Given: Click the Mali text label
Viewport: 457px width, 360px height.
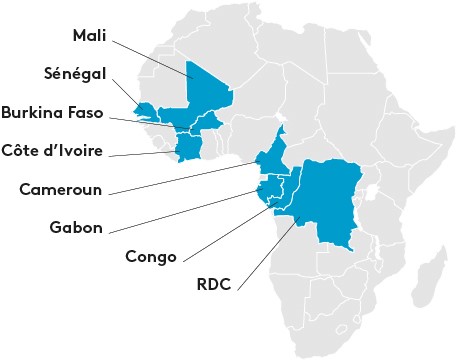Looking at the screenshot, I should (x=91, y=35).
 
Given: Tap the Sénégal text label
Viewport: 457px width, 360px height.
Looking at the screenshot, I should (x=74, y=74).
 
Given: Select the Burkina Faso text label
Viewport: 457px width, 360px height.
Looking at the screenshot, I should (x=52, y=112).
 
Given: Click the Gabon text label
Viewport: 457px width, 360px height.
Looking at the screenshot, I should (x=76, y=227).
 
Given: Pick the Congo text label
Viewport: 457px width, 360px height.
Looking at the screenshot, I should (x=151, y=256).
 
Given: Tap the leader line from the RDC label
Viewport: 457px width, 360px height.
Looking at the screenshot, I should (x=265, y=249).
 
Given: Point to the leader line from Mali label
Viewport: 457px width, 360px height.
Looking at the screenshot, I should (x=150, y=57).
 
